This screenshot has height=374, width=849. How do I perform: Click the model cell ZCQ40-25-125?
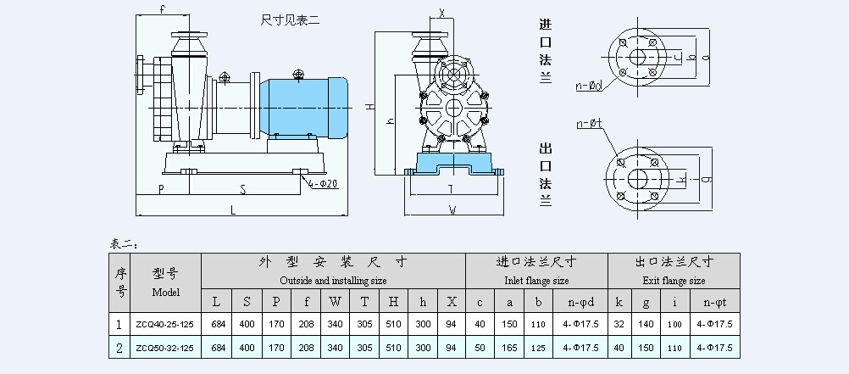coord(166,323)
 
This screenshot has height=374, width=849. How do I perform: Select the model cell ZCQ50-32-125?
coord(166,348)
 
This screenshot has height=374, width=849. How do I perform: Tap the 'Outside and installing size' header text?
coord(333,280)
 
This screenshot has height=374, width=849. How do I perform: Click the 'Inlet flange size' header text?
coord(536,280)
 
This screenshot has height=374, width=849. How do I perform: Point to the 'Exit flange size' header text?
coord(674,280)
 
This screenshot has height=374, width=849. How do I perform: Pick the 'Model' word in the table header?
coord(166,292)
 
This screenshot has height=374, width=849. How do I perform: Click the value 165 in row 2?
coord(508,348)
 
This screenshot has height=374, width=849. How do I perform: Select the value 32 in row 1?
coord(619,323)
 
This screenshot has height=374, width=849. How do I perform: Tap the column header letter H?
coord(393,301)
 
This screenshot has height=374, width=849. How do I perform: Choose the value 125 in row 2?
coord(538,348)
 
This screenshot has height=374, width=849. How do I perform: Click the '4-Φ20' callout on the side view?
coord(324,183)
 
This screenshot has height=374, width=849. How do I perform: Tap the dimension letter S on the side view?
coord(242,189)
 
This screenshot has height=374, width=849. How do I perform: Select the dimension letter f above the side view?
coord(162,9)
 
